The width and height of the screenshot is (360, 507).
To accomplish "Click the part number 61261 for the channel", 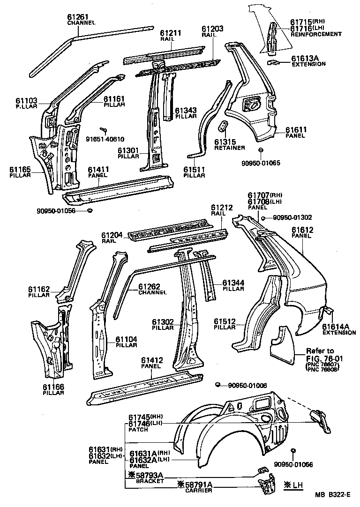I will coord(81,17).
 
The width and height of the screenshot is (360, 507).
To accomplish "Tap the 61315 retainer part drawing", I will coord(224,127).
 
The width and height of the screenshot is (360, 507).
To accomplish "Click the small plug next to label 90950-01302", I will coord(264,218).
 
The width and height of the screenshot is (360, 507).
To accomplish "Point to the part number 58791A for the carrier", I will coord(195,485).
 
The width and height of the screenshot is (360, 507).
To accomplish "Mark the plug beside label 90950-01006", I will coord(217,385).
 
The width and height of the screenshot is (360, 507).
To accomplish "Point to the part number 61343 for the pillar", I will coord(186,111).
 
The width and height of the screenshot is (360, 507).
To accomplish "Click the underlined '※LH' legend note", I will coord(294,485).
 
